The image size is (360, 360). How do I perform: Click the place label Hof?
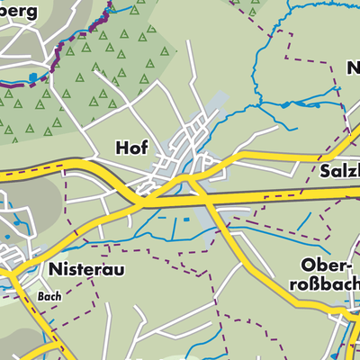coord(131,146)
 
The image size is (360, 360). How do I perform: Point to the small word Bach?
coord(49,294)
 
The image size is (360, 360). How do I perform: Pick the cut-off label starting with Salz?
coord(338,170)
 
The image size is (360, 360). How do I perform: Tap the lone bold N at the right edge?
coord(352,67)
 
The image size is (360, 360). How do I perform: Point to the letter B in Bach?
coord(41,294)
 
